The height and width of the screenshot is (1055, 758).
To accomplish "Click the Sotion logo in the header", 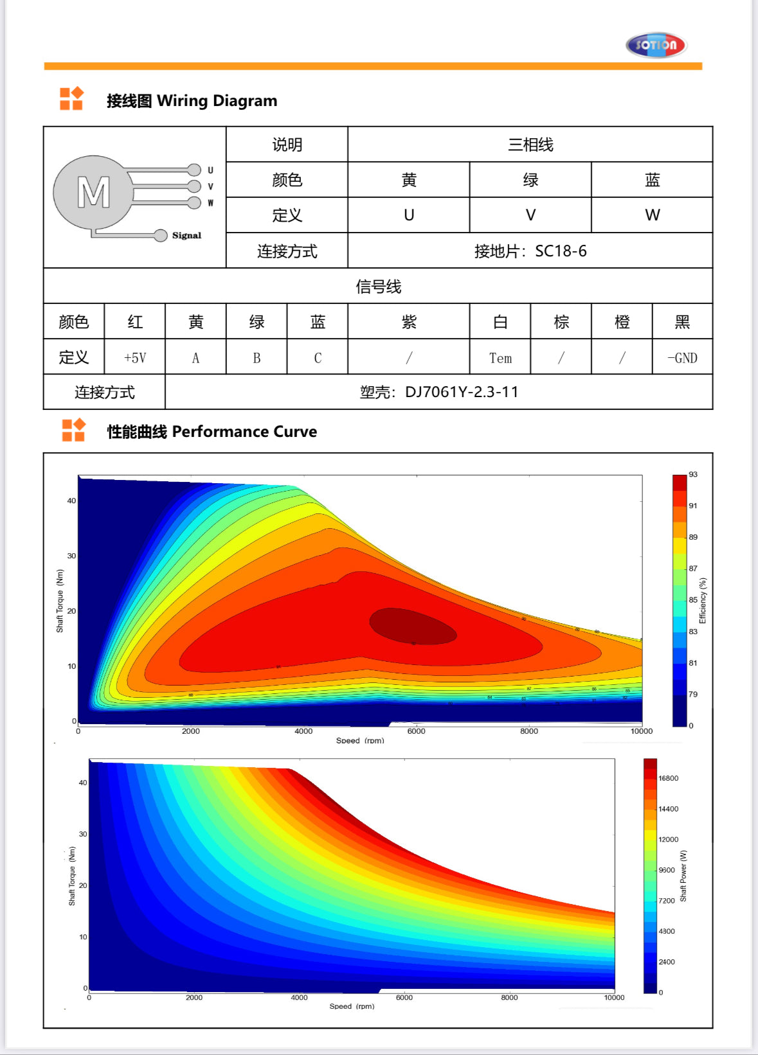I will pos(656,45).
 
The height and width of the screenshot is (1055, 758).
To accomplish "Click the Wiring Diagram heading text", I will pos(192,101).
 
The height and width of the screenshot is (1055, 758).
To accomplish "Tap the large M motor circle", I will pos(94,192).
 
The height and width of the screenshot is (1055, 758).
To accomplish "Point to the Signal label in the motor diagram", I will pos(186,236).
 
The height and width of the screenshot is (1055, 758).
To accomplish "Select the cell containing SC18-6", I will pos(530,251).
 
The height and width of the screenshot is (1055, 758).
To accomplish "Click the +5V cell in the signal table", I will pos(135,358).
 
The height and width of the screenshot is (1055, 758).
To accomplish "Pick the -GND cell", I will pos(682,358).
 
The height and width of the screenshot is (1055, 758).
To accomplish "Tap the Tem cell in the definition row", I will pos(500,358).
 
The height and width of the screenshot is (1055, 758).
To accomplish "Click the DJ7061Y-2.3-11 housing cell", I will pos(439,392).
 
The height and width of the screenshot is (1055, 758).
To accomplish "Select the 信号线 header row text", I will pos(378,287).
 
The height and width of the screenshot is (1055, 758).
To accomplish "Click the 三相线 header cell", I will pos(530,145).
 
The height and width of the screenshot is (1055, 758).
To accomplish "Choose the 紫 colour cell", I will pos(409,322).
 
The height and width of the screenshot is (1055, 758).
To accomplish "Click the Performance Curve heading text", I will pos(212,432).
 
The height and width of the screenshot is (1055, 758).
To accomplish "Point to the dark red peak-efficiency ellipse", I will pos(413,626).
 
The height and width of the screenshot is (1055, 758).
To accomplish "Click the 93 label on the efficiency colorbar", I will pos(693,474).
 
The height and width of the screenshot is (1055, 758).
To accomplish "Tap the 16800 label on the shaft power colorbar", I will pos(668,778).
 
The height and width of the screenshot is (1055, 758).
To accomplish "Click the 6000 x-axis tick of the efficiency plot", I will pos(416,731).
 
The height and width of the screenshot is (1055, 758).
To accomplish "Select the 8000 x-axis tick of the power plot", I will pos(509,998).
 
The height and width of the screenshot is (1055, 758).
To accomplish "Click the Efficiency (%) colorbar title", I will pos(703,601).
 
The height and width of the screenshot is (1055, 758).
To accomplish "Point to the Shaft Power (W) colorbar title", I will pos(683,876).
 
